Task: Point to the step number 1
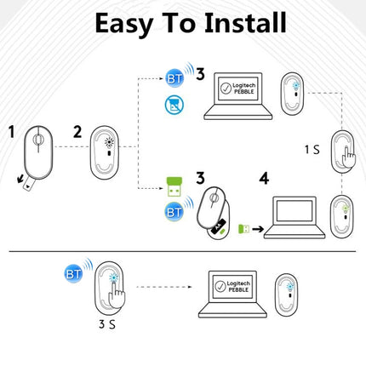click(12, 133)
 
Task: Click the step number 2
click(77, 132)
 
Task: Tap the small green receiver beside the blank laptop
click(243, 228)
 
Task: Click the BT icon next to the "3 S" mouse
click(74, 273)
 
